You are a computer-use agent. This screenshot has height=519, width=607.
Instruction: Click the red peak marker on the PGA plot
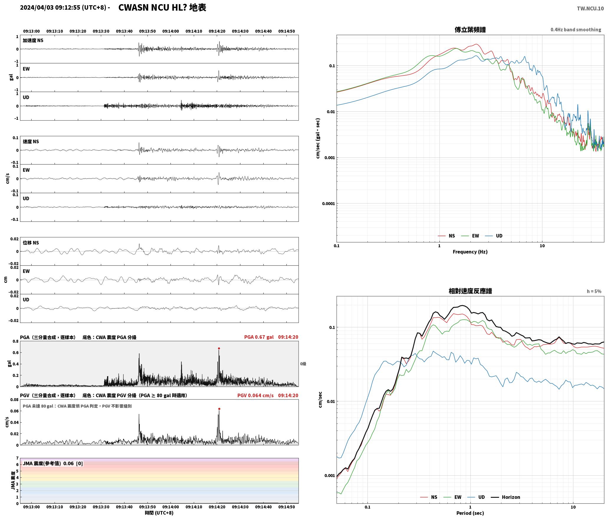[219, 348]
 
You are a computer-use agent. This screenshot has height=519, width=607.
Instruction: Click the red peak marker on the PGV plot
[219, 409]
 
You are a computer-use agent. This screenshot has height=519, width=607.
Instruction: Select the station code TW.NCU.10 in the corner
[590, 9]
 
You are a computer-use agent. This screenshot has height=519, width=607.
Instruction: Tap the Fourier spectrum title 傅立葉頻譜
[470, 30]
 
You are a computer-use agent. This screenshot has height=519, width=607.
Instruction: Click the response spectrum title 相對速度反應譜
[470, 291]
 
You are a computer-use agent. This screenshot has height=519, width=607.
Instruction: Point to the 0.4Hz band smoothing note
[576, 30]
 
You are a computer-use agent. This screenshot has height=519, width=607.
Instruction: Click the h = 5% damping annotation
[594, 291]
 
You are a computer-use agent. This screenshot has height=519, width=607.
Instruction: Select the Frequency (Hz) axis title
[470, 252]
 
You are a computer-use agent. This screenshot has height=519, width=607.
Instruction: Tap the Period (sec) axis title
[470, 513]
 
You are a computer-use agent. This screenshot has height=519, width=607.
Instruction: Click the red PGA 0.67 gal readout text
[259, 337]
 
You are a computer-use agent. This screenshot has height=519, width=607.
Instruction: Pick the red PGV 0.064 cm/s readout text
[255, 395]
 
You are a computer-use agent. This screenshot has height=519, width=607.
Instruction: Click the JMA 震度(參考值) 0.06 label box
[53, 464]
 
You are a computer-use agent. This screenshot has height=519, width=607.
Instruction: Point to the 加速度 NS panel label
[33, 40]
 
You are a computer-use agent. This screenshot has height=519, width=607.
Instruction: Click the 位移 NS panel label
[31, 243]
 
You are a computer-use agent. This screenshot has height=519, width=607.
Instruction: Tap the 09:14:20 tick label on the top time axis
[217, 31]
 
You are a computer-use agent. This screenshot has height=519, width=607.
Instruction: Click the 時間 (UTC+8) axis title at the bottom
[159, 513]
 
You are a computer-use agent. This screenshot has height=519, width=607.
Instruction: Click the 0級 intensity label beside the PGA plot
[303, 364]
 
